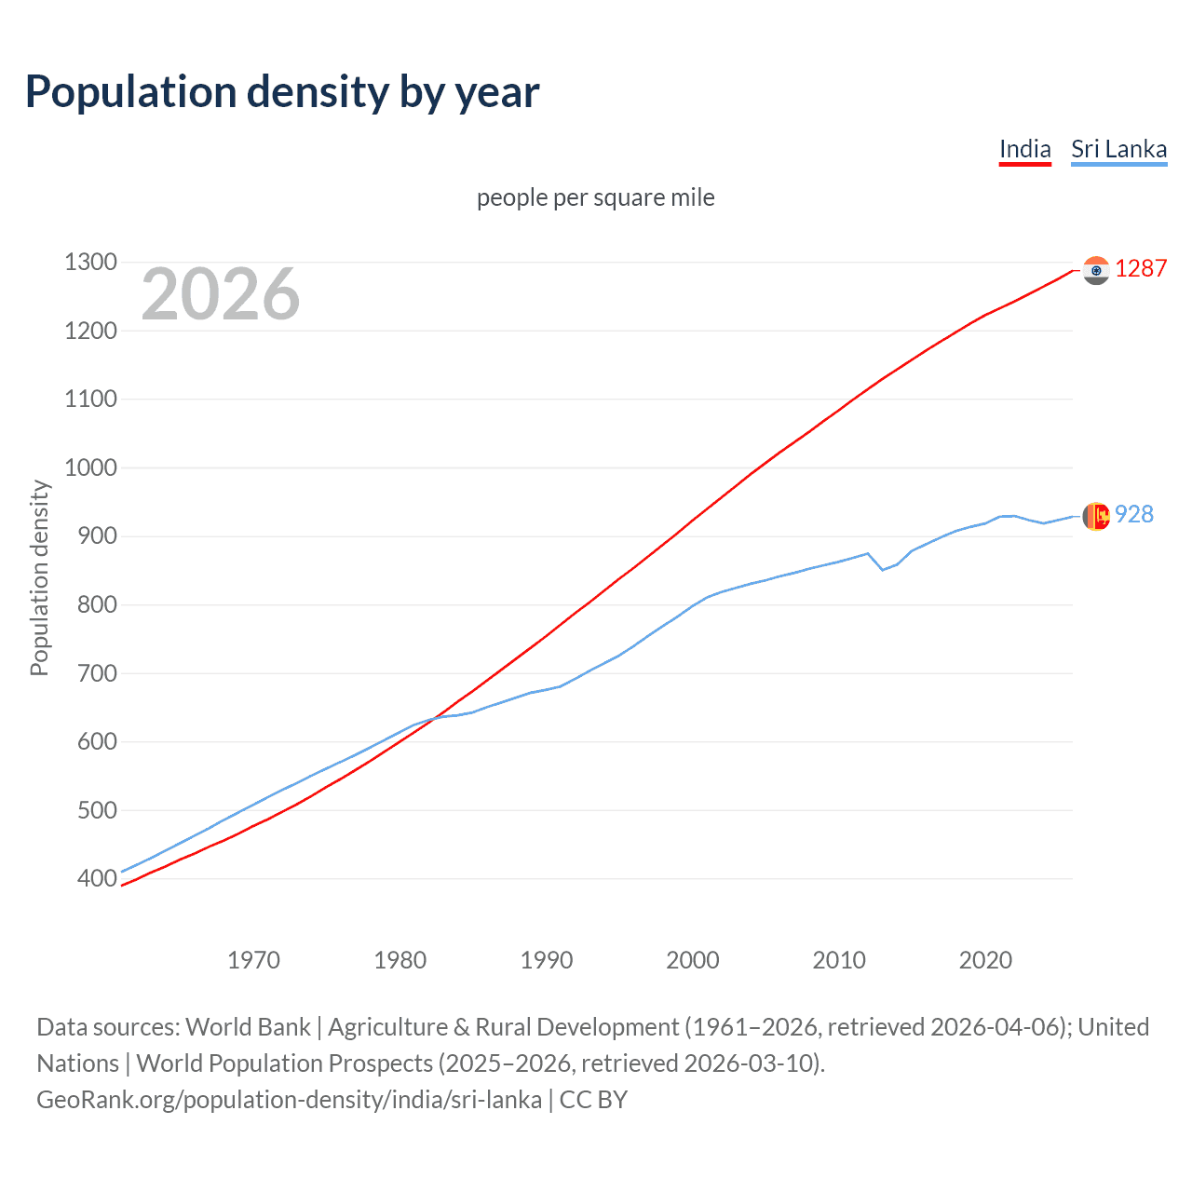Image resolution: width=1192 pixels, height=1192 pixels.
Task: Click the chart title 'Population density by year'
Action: tap(282, 92)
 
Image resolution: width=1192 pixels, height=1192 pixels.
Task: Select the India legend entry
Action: tap(1024, 149)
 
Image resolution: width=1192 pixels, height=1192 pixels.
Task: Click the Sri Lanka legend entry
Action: tap(1118, 149)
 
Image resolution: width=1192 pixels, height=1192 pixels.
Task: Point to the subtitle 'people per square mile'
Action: tap(595, 197)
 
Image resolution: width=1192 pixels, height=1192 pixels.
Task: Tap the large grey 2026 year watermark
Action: tap(221, 294)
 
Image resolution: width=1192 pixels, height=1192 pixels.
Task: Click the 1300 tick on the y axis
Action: tap(90, 263)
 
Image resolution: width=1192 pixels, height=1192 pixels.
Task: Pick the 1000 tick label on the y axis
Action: tap(90, 467)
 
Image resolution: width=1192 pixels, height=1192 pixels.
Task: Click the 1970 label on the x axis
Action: tap(253, 960)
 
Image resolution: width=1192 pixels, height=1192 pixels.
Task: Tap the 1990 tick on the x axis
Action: tap(547, 960)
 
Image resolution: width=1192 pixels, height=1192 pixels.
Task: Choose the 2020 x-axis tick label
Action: tap(985, 960)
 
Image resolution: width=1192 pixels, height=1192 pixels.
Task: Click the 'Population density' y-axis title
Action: tap(39, 577)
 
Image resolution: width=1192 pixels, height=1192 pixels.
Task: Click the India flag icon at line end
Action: tap(1096, 270)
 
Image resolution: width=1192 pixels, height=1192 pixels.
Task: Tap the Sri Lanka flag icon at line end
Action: tap(1096, 516)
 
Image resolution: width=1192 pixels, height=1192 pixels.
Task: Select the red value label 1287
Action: tap(1141, 268)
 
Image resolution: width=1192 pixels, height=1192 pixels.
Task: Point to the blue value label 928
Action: tap(1134, 514)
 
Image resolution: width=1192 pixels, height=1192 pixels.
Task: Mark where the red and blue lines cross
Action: tap(434, 717)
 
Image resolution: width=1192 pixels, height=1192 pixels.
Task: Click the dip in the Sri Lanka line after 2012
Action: tap(882, 569)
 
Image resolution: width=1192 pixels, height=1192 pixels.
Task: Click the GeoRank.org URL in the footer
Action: tap(289, 1100)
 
